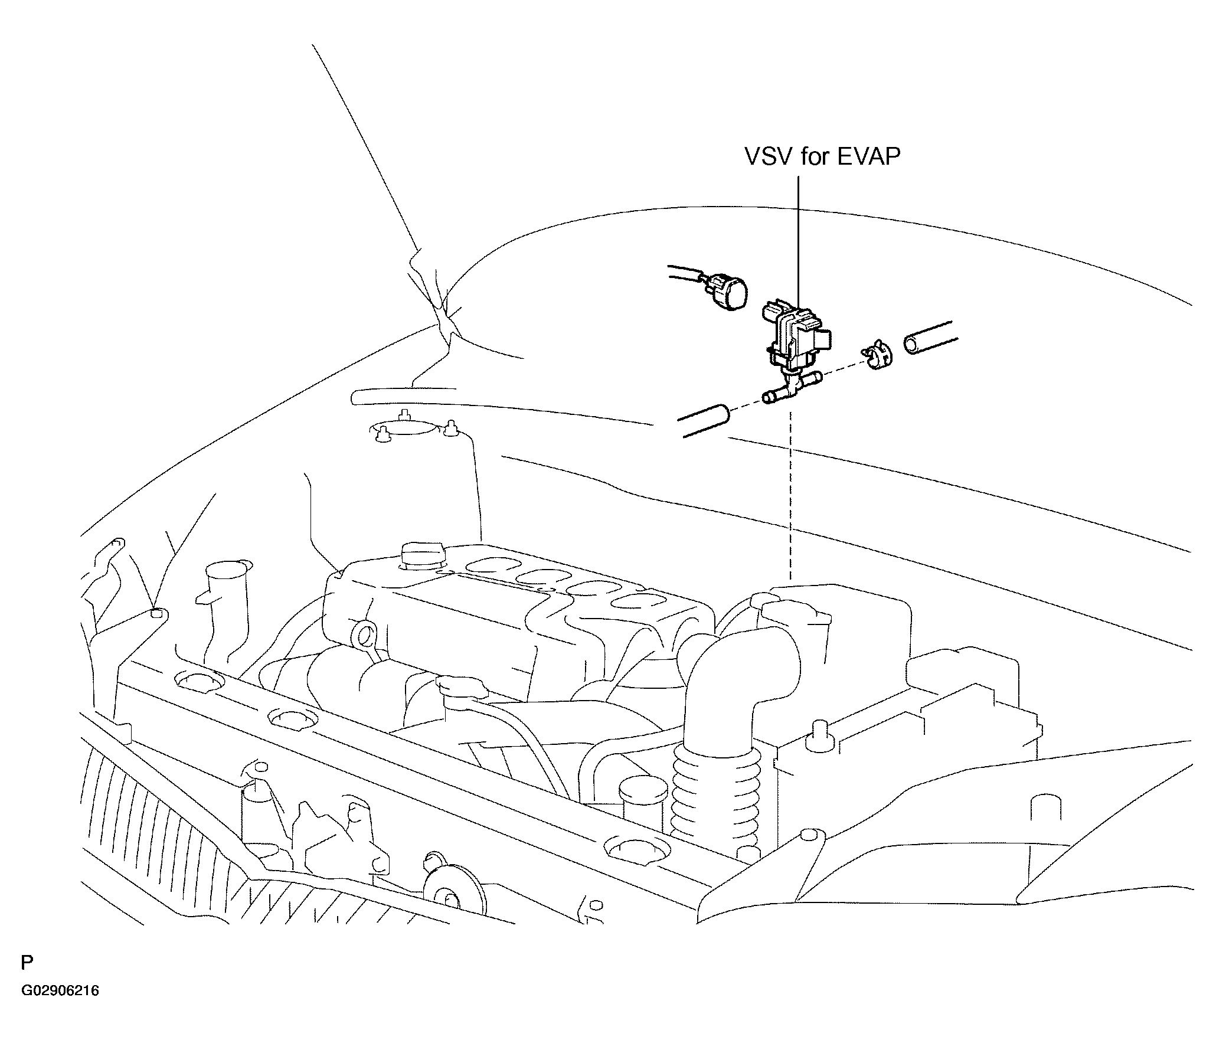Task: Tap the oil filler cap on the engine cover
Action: pos(423,555)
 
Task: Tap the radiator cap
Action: pos(461,686)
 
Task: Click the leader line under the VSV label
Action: pos(799,242)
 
